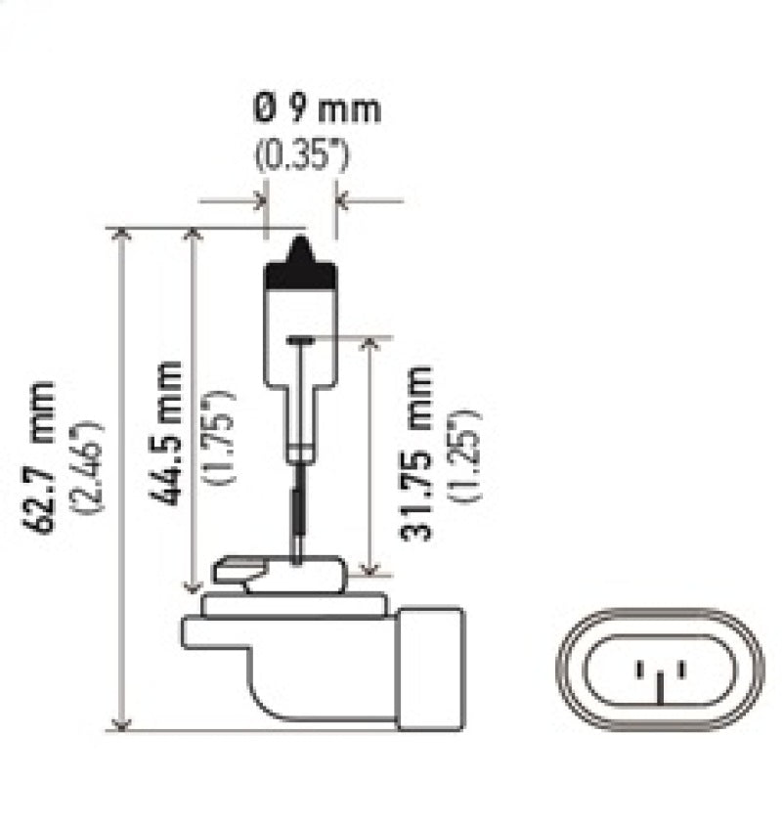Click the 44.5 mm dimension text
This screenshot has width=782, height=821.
coord(167,432)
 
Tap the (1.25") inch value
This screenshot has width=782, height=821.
coord(466,452)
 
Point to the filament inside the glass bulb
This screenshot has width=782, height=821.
coord(301,340)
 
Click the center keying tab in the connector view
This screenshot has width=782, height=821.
coord(660,689)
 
